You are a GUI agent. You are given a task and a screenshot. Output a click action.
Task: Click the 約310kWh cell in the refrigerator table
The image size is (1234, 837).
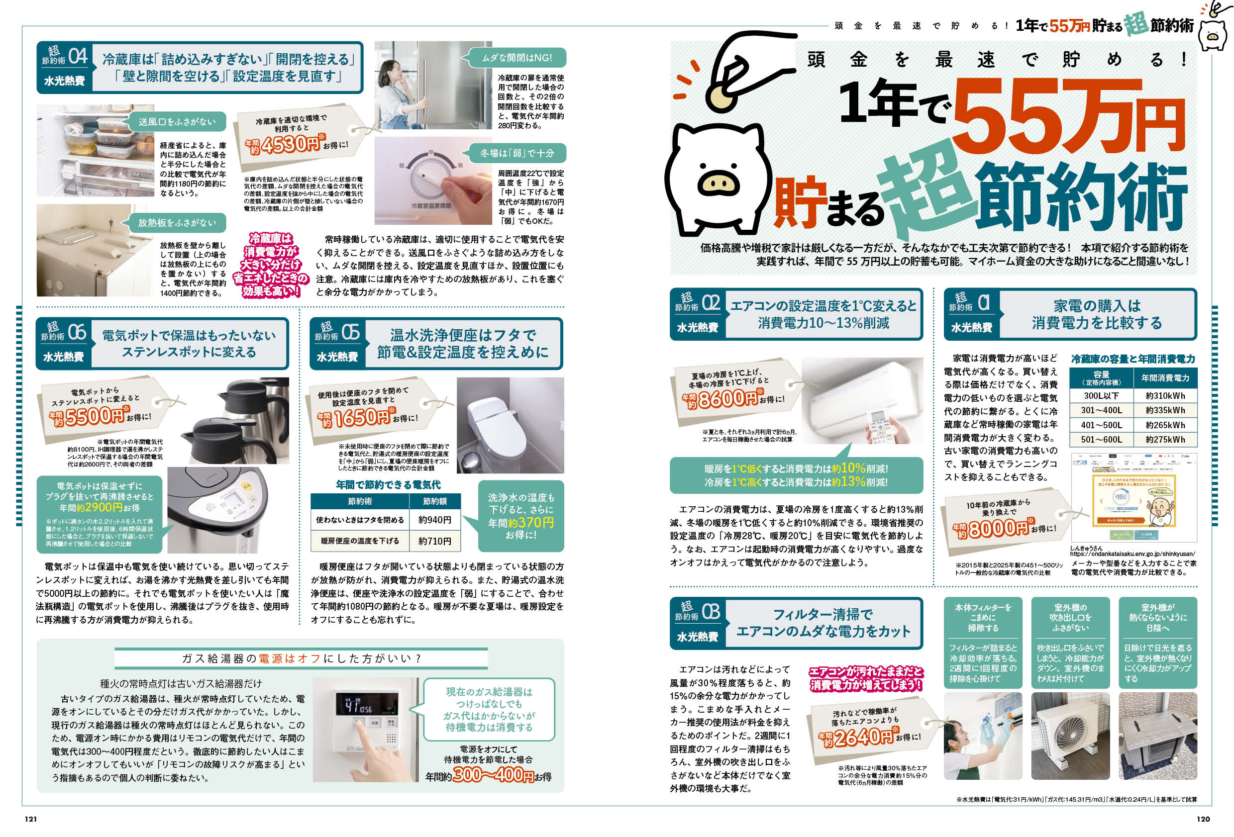(x=1165, y=396)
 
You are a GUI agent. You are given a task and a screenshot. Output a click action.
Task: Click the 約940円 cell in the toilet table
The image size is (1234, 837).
(x=434, y=520)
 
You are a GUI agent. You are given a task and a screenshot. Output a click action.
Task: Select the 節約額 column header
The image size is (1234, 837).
(x=434, y=501)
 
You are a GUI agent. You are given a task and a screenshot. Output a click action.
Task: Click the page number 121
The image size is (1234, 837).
(x=31, y=819)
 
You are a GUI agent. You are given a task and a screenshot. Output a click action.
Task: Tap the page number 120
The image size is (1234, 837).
(x=1203, y=819)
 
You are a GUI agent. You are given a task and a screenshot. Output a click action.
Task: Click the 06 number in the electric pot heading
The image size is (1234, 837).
(x=77, y=332)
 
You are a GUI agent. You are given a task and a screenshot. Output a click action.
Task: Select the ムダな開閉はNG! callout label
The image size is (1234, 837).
(x=516, y=58)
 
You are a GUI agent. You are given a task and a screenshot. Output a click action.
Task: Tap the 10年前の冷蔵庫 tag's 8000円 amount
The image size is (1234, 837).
(x=998, y=529)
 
